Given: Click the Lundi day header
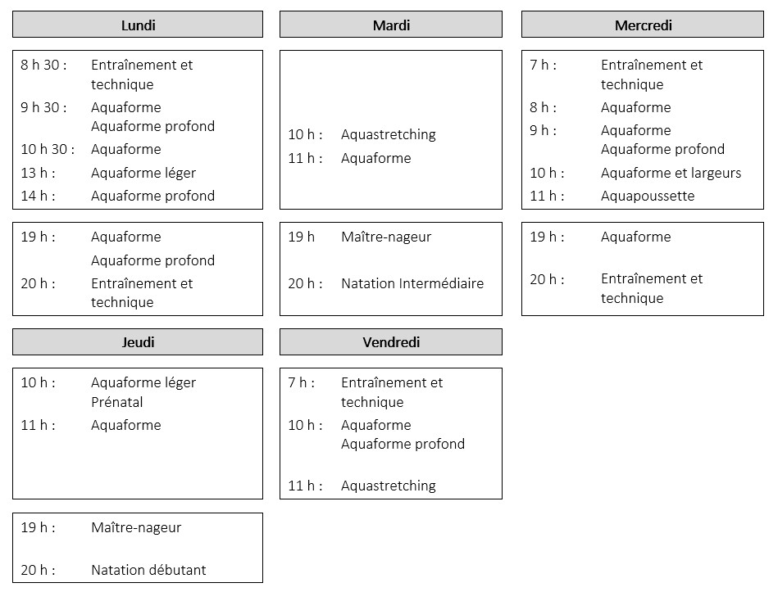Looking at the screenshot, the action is tap(138, 25).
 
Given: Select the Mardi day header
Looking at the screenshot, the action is tap(391, 25).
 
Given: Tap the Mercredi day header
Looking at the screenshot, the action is tap(643, 25).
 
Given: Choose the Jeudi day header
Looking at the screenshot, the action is tap(138, 342).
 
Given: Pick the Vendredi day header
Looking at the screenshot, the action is tap(391, 342).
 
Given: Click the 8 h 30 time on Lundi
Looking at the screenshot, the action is tap(43, 65).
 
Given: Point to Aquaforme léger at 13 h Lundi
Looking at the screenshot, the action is tap(143, 173).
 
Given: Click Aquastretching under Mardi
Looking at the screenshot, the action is tap(389, 135).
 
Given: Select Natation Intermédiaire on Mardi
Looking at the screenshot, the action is tap(412, 283).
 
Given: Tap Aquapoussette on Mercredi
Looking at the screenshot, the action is tap(648, 197).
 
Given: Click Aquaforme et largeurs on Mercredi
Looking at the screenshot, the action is tap(671, 173).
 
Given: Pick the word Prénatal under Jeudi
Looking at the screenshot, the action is tap(117, 402).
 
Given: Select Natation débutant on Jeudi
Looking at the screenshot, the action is tap(148, 570).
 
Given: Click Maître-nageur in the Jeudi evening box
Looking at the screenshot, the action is tap(136, 527).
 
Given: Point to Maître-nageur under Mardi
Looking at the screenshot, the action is tap(386, 237).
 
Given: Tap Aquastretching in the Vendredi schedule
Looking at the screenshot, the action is tap(389, 486).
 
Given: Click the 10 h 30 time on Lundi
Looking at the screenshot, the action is tap(48, 149).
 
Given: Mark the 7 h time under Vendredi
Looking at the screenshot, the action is tap(301, 382).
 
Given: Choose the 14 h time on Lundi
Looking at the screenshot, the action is tap(39, 196).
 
